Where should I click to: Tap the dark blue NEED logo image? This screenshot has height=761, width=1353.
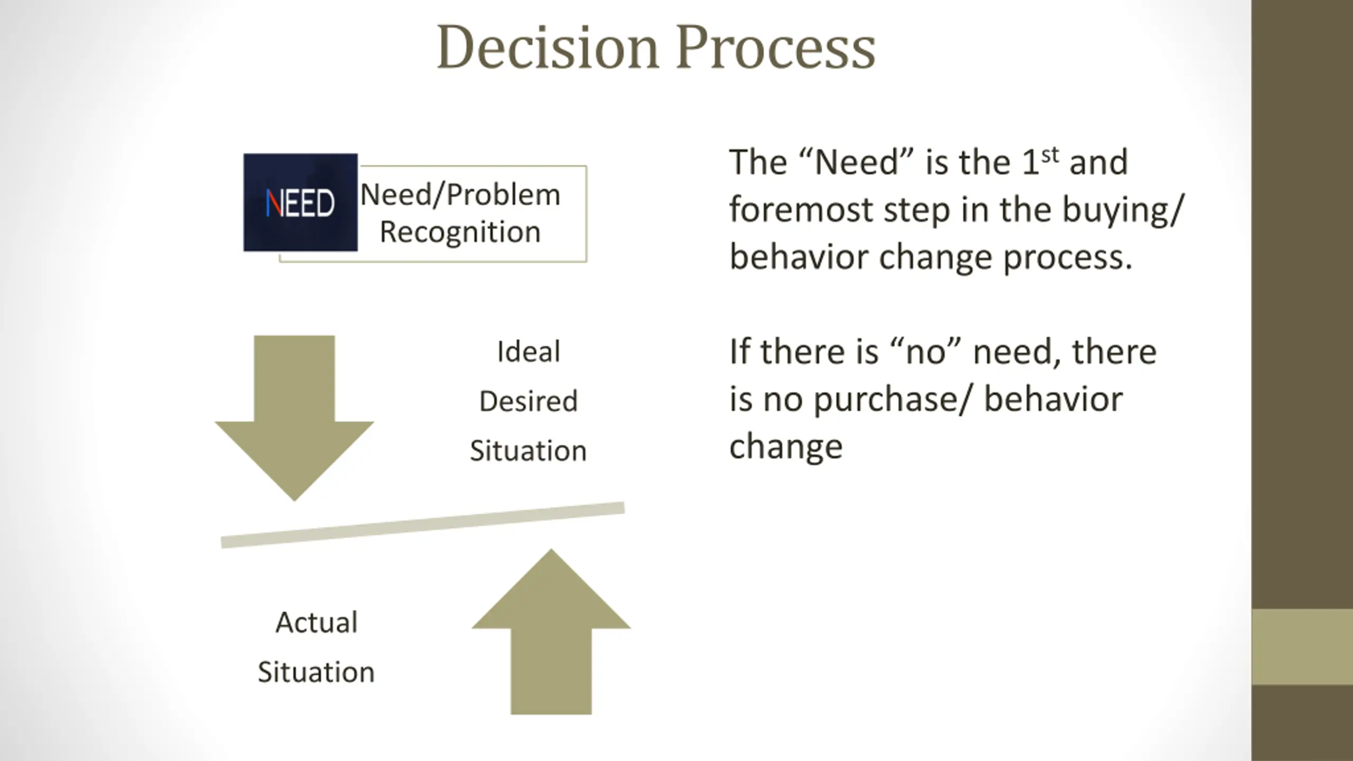(300, 202)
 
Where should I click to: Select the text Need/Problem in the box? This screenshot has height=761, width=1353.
(460, 194)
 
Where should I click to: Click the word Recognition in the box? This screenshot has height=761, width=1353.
(460, 232)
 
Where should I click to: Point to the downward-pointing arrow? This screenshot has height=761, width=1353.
(294, 412)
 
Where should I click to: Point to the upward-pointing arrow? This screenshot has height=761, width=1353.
(551, 634)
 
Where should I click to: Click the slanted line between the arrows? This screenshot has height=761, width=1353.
(423, 525)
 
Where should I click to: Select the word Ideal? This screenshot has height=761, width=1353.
(529, 351)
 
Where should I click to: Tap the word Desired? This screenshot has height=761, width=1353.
(529, 401)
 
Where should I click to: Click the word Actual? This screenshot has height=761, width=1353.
(317, 622)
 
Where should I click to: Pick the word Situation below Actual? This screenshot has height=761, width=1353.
(316, 672)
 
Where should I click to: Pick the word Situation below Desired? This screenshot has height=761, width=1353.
(529, 451)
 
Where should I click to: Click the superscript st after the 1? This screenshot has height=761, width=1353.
(1050, 155)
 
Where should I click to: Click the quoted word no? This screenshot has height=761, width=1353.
(924, 352)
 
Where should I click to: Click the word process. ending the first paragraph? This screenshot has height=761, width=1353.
(1068, 257)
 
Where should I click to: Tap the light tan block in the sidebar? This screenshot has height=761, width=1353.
(1302, 646)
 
